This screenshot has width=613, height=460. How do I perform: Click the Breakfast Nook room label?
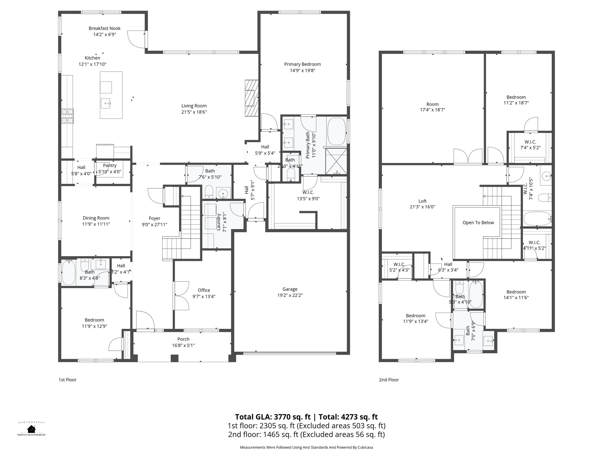pos(104,28)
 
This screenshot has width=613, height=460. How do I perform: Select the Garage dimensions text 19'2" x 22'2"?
pos(290,295)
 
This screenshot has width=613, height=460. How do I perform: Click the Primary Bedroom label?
pos(302,64)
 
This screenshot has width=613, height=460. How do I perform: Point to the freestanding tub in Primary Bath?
pos(337,131)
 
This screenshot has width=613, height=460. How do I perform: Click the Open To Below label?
pos(478,223)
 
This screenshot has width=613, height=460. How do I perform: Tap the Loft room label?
pos(422,201)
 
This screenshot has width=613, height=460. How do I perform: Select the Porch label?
pos(183,339)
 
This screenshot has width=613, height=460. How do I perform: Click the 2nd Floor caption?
pos(389,380)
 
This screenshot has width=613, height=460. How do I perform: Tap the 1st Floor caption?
pos(67,380)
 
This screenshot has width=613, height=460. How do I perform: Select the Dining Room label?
pos(96,218)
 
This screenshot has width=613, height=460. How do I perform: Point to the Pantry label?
pos(110,165)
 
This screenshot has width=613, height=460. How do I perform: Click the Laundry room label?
pos(219,222)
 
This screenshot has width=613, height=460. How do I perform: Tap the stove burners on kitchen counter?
pos(67,116)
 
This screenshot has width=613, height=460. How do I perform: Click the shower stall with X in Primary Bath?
pos(336,161)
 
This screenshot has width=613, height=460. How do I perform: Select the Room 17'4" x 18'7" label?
pos(432,104)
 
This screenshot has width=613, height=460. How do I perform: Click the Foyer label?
pos(154,218)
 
